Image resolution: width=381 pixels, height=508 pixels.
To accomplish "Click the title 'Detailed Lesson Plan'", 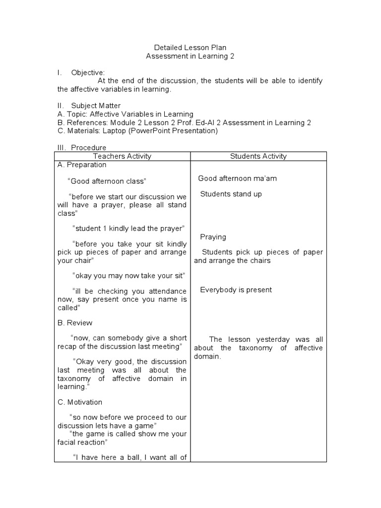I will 190,48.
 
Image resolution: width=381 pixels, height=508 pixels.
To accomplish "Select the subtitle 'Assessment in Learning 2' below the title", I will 190,56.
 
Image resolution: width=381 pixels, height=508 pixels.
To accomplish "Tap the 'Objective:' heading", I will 88,72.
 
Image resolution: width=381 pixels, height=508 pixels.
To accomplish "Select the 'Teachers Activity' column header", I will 122,156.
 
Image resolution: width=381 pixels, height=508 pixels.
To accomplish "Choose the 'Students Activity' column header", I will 258,156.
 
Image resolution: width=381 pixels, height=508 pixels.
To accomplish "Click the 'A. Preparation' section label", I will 82,165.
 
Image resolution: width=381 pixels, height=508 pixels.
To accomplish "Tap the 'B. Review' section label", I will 75,322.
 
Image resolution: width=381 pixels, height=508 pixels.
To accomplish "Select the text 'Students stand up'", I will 231,194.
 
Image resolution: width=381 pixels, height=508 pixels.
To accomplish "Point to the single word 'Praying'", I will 213,237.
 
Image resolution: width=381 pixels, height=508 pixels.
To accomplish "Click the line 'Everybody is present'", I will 236,290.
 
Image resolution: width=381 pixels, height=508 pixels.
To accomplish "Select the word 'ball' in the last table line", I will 134,457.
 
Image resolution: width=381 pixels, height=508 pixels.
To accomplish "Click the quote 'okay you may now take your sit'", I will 128,275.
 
